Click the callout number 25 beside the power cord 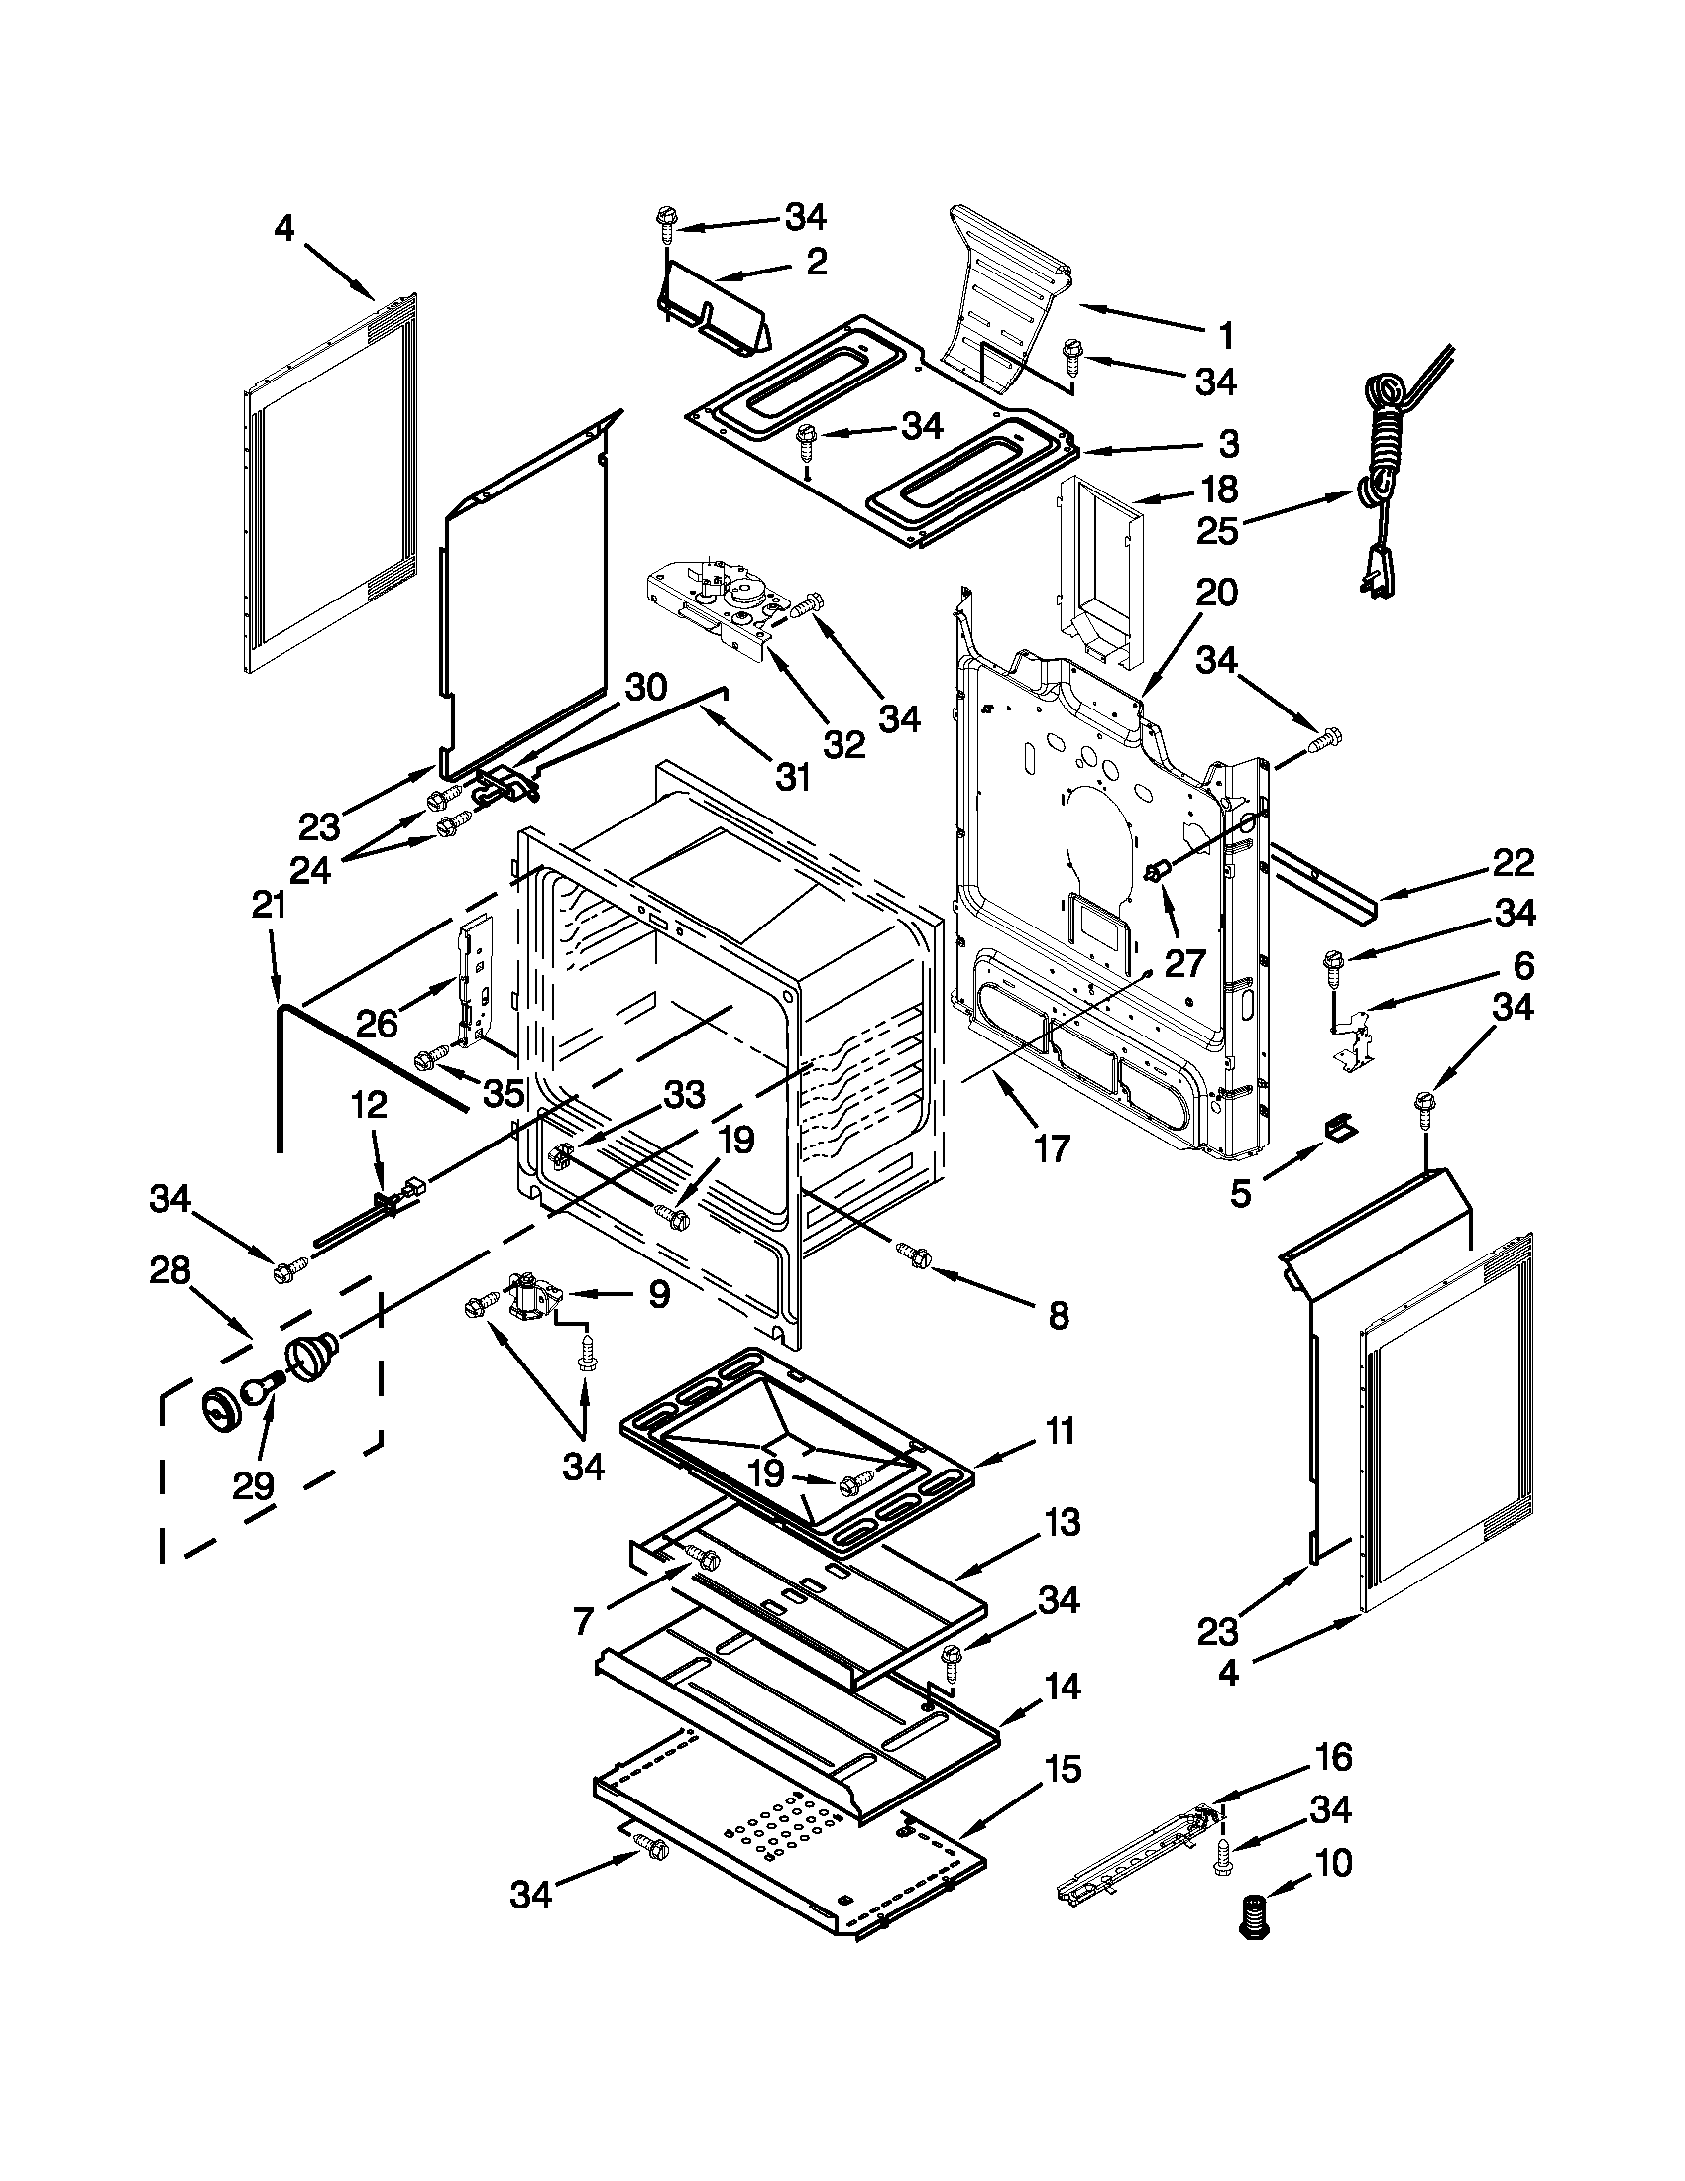[x=1216, y=530]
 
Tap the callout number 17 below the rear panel [x=1052, y=1148]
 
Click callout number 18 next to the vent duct [x=1216, y=490]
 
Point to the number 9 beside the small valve [x=659, y=1295]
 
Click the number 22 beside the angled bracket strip [x=1513, y=863]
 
